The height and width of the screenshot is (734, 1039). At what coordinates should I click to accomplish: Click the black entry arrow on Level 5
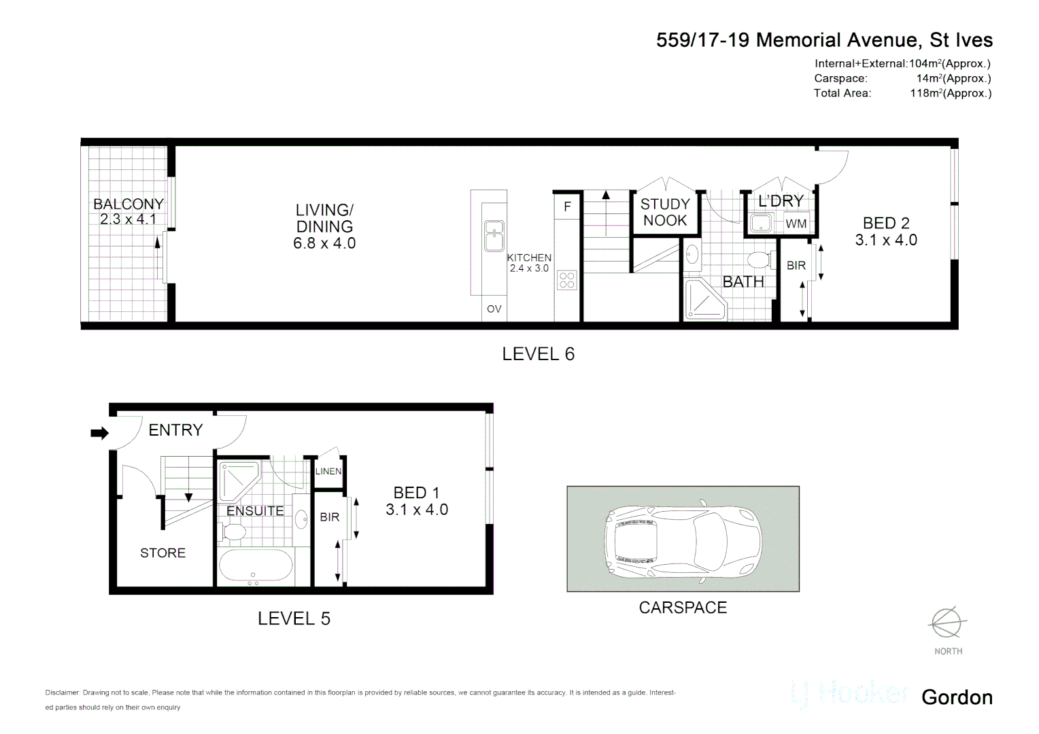99,433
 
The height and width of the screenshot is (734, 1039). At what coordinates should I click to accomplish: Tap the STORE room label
163,553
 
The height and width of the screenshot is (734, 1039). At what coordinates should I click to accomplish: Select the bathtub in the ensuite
255,565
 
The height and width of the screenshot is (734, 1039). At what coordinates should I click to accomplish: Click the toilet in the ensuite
233,531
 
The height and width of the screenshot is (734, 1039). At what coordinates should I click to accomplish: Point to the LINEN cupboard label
328,471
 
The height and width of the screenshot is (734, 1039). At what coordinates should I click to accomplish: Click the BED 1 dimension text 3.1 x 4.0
416,510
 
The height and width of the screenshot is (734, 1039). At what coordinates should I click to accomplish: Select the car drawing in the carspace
683,541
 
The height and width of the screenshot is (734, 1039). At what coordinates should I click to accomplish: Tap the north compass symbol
947,623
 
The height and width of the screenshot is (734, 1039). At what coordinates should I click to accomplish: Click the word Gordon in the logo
957,697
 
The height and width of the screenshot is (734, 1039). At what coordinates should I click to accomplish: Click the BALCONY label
128,204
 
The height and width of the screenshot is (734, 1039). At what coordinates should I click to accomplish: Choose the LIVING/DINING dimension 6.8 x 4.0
324,243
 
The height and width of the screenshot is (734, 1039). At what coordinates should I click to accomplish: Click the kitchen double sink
494,235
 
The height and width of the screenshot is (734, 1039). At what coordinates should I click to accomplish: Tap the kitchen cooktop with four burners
566,280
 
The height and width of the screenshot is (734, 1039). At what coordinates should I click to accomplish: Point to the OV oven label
494,309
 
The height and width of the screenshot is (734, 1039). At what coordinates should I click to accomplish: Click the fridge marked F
567,207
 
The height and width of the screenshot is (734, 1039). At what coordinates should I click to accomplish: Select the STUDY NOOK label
665,212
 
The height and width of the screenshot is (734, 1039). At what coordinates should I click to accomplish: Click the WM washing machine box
796,224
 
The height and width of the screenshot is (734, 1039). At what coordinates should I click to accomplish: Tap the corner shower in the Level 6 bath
703,301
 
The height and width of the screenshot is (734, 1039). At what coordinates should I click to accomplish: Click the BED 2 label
886,223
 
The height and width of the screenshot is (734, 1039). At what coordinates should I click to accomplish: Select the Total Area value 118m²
950,94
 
